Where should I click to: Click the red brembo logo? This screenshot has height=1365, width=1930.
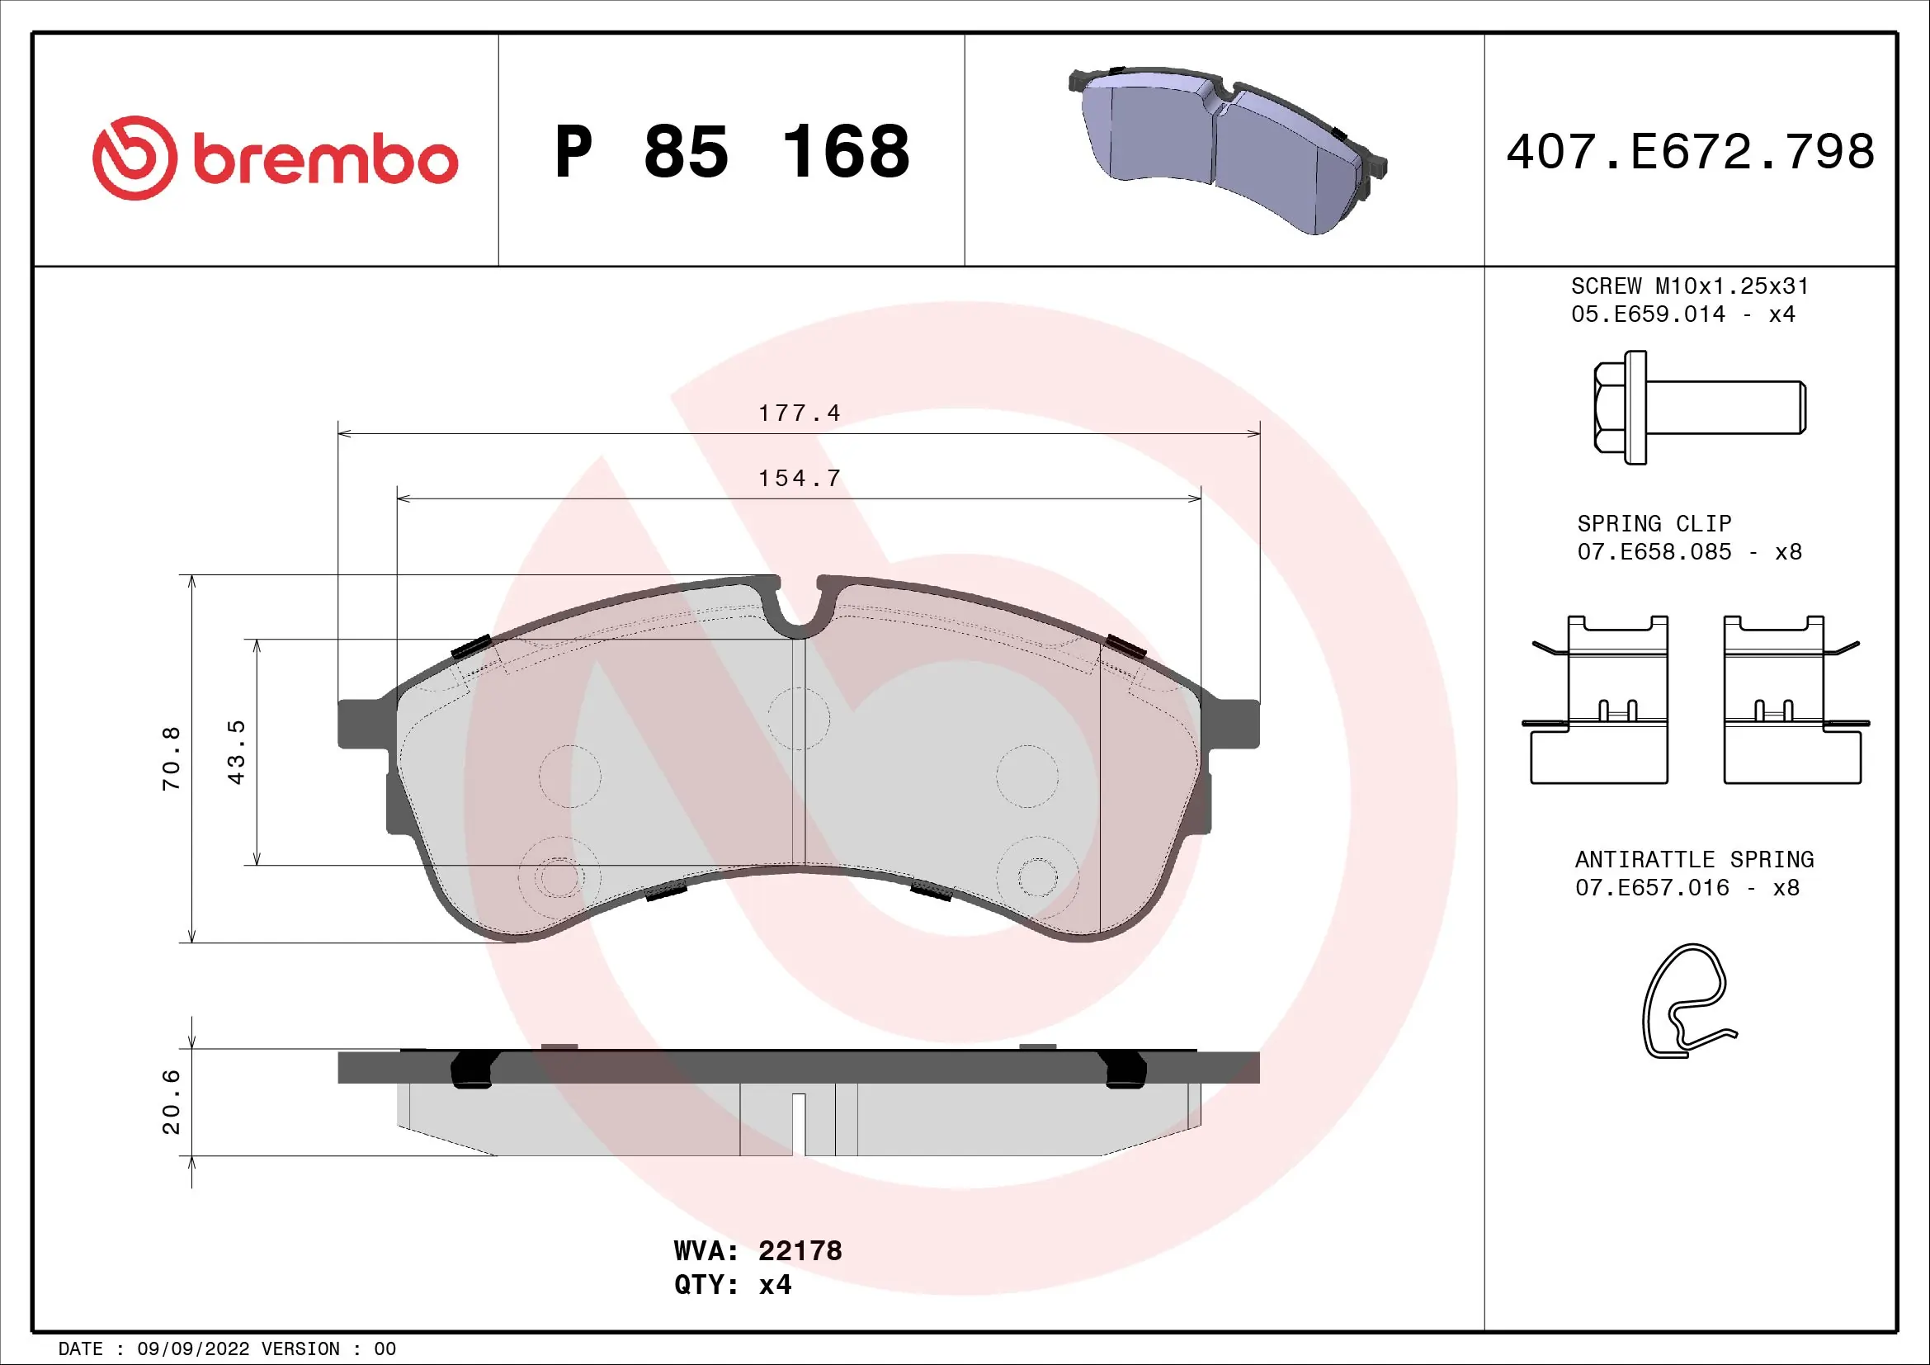point(274,158)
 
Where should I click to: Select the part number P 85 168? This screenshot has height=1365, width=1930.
point(731,152)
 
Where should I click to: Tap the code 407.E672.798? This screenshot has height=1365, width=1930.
point(1690,152)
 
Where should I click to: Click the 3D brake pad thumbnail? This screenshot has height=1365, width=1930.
point(1227,149)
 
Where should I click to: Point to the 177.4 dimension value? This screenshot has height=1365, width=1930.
point(799,413)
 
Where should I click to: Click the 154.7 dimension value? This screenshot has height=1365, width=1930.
point(799,479)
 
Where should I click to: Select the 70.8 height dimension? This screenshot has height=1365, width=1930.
point(172,758)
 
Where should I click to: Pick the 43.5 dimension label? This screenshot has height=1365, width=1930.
point(237,752)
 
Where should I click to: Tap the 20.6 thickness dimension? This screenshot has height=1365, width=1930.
point(172,1101)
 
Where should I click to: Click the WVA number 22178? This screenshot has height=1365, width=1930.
point(800,1250)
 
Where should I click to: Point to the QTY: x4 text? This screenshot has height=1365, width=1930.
point(732,1285)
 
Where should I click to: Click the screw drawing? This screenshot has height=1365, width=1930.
point(1698,408)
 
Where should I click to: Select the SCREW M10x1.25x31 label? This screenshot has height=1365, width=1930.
point(1690,286)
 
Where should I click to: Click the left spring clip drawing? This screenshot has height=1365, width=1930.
point(1597,700)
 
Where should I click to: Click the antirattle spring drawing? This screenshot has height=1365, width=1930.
point(1686,1000)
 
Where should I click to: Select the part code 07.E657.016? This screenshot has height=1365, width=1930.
point(1652,888)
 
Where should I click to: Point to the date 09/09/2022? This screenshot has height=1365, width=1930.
point(192,1348)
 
